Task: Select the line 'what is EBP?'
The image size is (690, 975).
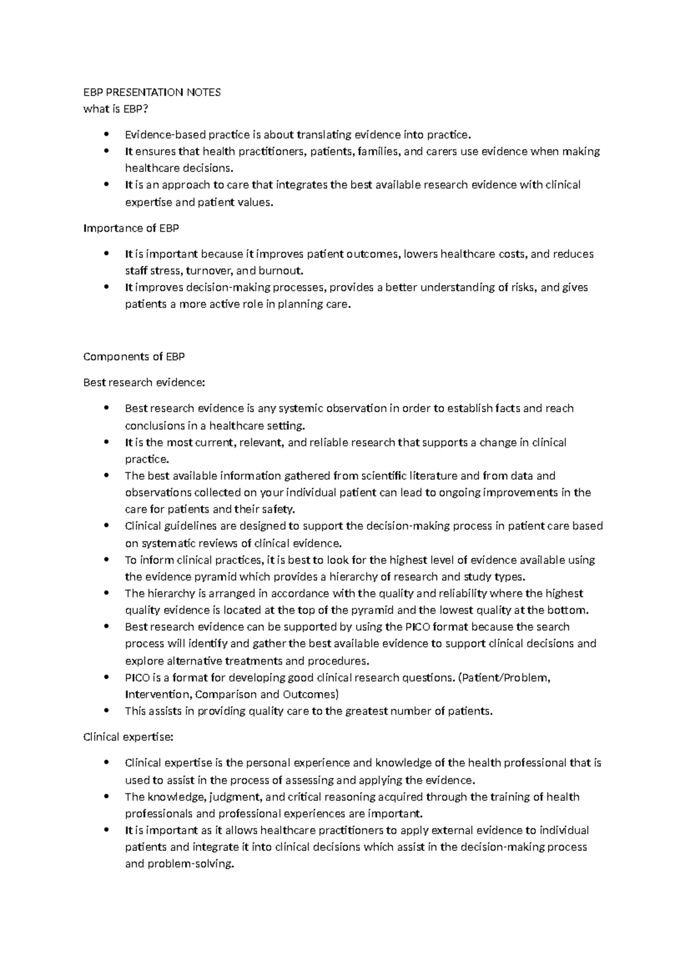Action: click(112, 109)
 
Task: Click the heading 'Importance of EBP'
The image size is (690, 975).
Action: click(131, 228)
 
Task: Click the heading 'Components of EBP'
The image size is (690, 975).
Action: click(134, 356)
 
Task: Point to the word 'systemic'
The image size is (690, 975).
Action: click(301, 409)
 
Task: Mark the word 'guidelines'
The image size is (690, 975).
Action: click(177, 526)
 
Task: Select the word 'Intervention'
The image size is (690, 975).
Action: click(157, 694)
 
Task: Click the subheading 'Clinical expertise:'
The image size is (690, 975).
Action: click(128, 737)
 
